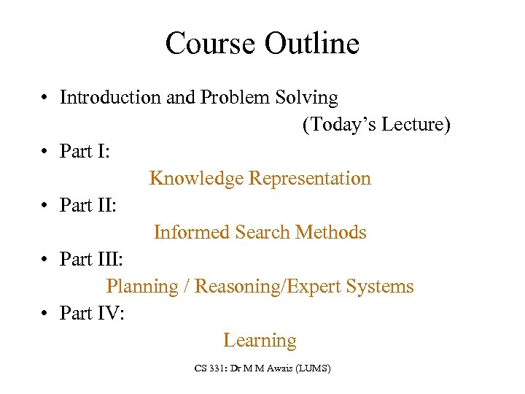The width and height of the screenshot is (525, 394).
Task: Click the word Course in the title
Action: pos(210,44)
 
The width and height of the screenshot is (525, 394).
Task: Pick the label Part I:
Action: pos(85,152)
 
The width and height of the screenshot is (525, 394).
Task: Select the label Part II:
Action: pos(88,206)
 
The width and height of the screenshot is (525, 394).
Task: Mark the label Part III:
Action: pos(92,260)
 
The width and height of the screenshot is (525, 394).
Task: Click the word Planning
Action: pos(142,287)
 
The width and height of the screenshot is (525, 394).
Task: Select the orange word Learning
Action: pos(260,341)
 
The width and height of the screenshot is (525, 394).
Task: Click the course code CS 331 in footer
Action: pos(211,369)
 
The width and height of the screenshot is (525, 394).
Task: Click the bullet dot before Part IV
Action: pos(45,314)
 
